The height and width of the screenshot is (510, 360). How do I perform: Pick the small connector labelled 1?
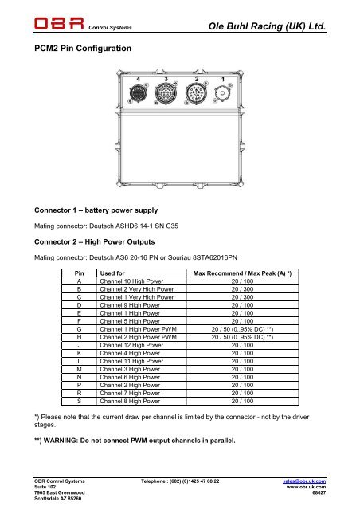coord(223,95)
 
